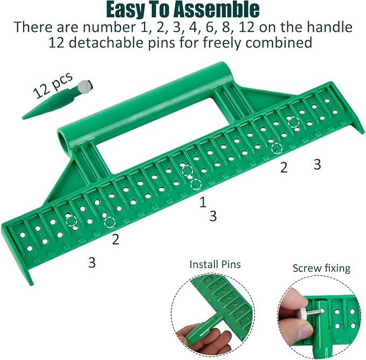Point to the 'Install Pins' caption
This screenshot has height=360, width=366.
point(215,265)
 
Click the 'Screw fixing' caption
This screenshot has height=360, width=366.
point(321,268)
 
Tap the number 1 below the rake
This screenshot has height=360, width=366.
point(203,202)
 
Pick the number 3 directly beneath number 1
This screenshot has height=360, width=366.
point(213,216)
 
